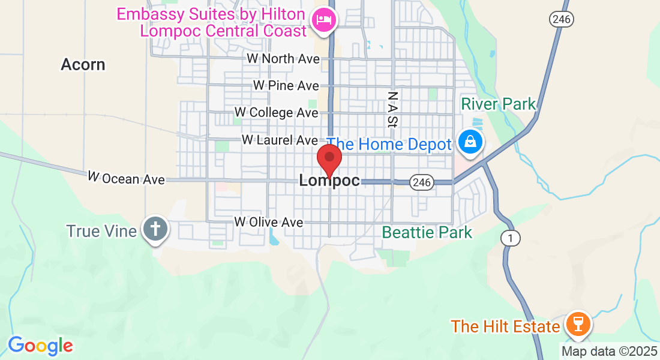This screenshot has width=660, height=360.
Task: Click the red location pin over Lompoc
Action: point(329,159)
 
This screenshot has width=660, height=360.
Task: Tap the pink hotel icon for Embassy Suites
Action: point(324,20)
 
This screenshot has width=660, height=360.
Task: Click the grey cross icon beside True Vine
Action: point(155,229)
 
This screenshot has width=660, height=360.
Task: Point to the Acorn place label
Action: point(83,65)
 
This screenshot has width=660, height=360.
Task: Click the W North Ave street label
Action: point(279,59)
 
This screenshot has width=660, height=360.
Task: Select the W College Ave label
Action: point(276,113)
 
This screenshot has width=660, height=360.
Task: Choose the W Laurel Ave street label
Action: point(280,140)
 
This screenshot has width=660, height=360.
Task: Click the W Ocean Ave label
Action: point(126,178)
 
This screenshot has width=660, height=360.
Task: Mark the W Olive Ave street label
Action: point(269,222)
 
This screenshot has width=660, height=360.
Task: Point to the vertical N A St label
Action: point(392,109)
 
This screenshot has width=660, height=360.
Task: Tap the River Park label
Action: point(498,104)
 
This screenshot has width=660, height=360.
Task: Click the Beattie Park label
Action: point(427,232)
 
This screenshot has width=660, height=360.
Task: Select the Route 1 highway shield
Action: point(510,239)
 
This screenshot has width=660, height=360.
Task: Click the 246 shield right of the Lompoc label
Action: point(422,182)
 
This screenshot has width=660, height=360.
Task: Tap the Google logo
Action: point(41,346)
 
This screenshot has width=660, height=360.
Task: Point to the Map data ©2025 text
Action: point(608,352)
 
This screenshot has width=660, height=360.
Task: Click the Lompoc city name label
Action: point(329,181)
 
